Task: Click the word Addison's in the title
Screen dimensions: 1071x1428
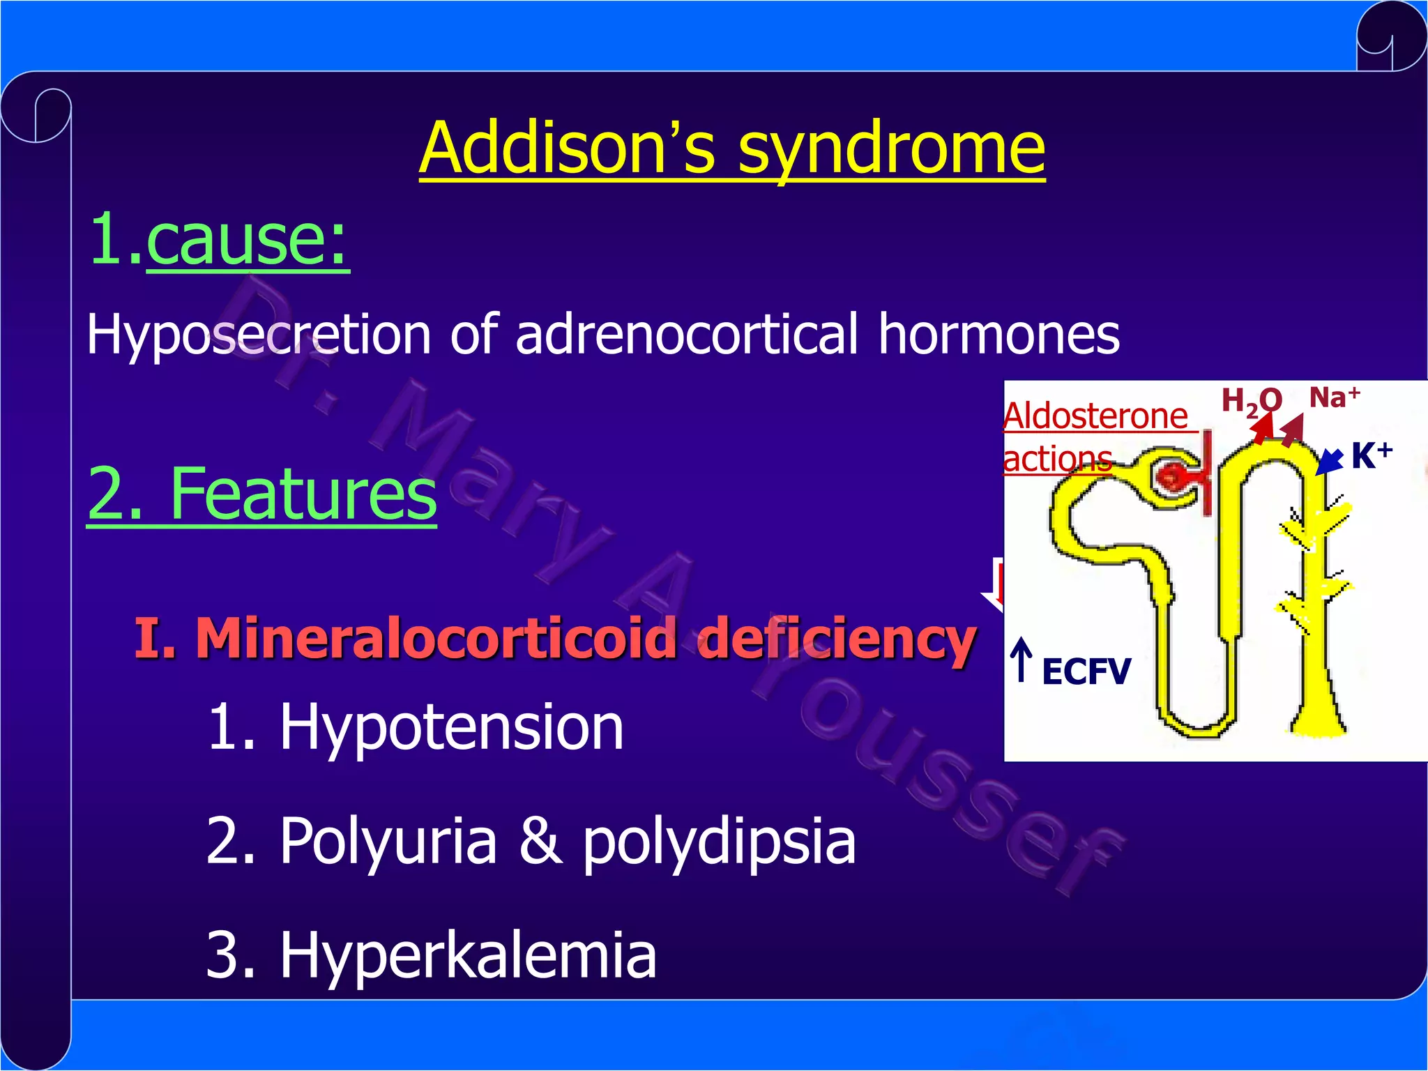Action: [567, 149]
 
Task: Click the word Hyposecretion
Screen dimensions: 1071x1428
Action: [259, 335]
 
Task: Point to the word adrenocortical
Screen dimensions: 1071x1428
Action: [686, 333]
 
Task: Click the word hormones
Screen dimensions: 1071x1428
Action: [998, 333]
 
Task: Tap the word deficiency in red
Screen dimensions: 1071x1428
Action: [836, 637]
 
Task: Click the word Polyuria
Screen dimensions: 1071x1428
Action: [388, 841]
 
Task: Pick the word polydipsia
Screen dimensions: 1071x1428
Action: [718, 842]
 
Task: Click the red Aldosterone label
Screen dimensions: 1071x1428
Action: [1095, 416]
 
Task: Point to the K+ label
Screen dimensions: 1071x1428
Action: [1371, 456]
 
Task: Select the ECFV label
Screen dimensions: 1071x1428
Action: [1086, 672]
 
